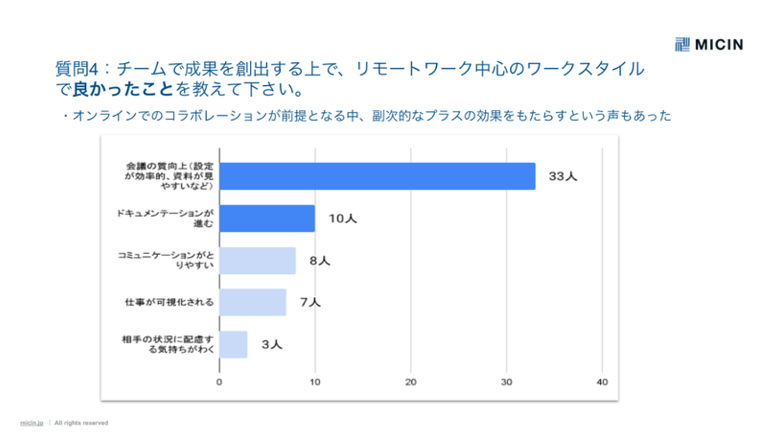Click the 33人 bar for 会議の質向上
tap(377, 176)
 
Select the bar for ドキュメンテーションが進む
tap(267, 218)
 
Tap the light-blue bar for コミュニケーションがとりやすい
tap(257, 261)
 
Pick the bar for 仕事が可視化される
tap(252, 302)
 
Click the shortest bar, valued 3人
tap(233, 344)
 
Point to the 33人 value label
tap(563, 177)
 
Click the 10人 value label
tap(342, 219)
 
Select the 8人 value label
tap(320, 261)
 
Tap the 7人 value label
tap(311, 303)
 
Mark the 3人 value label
tap(272, 345)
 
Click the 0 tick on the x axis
tap(219, 382)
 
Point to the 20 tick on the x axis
tap(411, 382)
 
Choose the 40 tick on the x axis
tap(602, 382)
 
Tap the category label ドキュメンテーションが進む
tap(166, 218)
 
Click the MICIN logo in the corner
tap(708, 45)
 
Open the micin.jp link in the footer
tap(31, 423)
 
